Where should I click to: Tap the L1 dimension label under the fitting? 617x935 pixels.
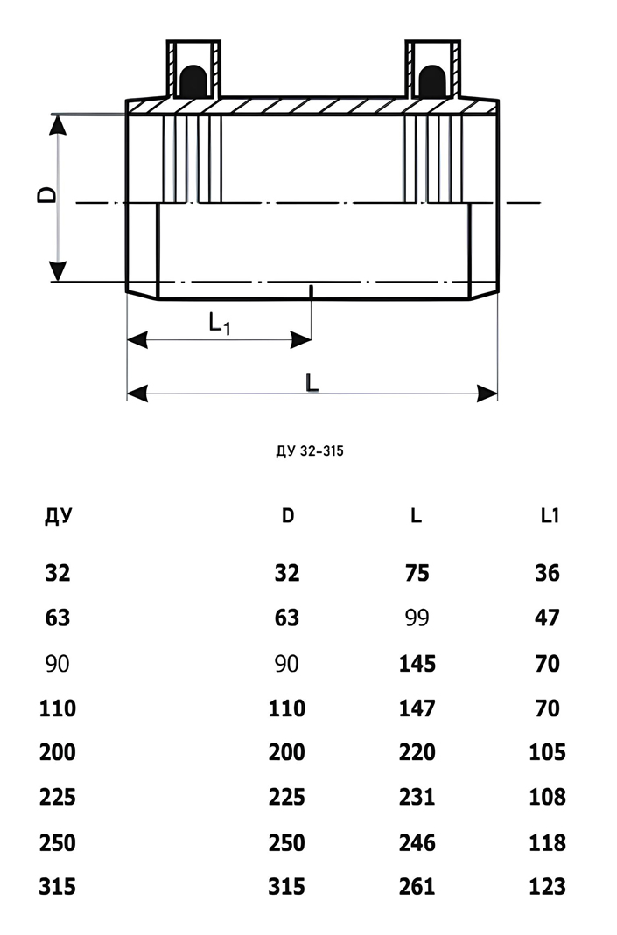pos(220,324)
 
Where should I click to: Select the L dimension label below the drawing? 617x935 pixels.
pos(312,381)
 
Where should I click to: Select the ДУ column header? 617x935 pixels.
pos(58,516)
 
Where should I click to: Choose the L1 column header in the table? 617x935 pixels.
pos(549,516)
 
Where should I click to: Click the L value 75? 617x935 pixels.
pos(417,573)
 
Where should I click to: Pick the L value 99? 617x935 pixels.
pos(417,618)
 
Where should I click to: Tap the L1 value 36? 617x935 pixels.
pos(547,573)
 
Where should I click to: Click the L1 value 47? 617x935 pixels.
pos(547,618)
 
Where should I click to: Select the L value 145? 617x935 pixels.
pos(417,663)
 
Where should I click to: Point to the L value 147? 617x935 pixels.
pos(417,708)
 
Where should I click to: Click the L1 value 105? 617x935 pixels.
pos(548,752)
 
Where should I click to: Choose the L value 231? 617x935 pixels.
pos(417,797)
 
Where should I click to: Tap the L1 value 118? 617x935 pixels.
pos(548,842)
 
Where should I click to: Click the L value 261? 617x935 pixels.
pos(417,887)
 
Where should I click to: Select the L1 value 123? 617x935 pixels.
pos(548,887)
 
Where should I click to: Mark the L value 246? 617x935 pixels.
pos(417,842)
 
